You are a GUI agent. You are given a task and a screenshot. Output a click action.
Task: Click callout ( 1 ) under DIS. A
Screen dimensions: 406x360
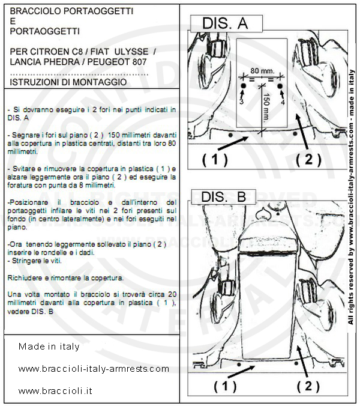click(x=215, y=159)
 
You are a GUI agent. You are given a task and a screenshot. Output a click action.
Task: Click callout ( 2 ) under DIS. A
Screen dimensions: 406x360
click(x=308, y=159)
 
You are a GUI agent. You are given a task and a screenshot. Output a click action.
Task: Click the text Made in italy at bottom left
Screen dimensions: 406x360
click(x=49, y=347)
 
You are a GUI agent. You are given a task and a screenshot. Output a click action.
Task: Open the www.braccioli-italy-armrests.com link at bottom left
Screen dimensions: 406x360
click(x=94, y=369)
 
